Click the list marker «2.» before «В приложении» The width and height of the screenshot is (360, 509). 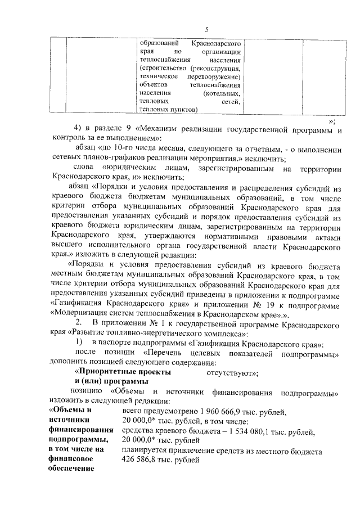(x=79, y=322)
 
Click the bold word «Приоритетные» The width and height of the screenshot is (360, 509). (x=103, y=372)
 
